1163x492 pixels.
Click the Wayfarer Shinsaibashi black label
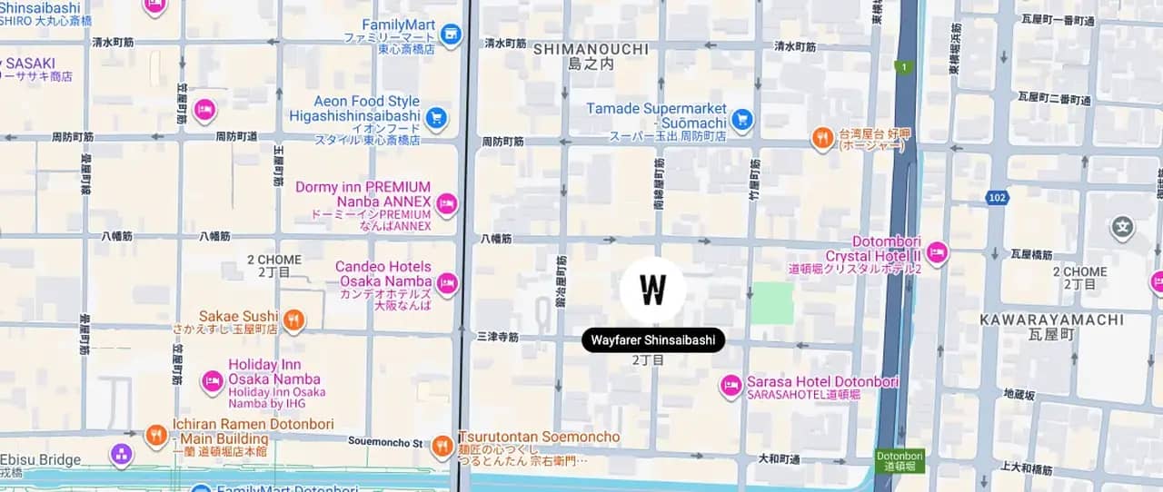(653, 341)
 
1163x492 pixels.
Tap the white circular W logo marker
(653, 290)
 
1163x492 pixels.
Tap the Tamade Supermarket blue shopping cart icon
(742, 119)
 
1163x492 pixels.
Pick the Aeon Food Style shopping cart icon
(437, 117)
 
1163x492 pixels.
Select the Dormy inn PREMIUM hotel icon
(446, 203)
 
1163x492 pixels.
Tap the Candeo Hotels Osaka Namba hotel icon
(446, 284)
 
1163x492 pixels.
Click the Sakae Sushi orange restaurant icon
(293, 320)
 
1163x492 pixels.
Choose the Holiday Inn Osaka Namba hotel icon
(213, 382)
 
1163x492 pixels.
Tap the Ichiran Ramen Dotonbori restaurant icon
(156, 435)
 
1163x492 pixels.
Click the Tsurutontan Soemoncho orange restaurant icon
(442, 446)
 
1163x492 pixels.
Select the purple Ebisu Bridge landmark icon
(121, 454)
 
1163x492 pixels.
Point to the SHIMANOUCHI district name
(591, 49)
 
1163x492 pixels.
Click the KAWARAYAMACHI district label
(1051, 320)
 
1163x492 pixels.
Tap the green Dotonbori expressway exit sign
(900, 460)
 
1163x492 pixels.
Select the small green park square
(772, 303)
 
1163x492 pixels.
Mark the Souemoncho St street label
(385, 442)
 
